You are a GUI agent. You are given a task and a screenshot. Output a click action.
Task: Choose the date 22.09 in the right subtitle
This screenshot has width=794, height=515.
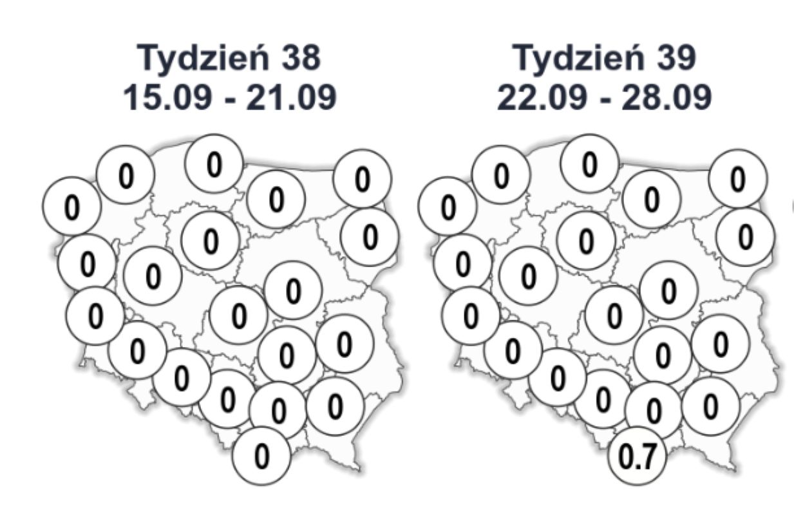click(x=542, y=98)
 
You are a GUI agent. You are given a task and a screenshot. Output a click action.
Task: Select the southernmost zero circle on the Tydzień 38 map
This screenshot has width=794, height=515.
click(x=261, y=456)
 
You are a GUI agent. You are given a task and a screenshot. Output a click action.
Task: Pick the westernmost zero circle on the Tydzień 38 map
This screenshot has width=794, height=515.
click(x=71, y=206)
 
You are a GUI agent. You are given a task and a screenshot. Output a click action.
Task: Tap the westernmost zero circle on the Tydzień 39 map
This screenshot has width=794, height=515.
click(x=447, y=206)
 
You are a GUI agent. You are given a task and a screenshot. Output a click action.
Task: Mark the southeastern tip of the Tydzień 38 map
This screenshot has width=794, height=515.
click(x=358, y=469)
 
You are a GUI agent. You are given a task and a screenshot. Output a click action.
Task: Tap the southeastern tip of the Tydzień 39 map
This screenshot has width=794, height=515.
click(x=733, y=469)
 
